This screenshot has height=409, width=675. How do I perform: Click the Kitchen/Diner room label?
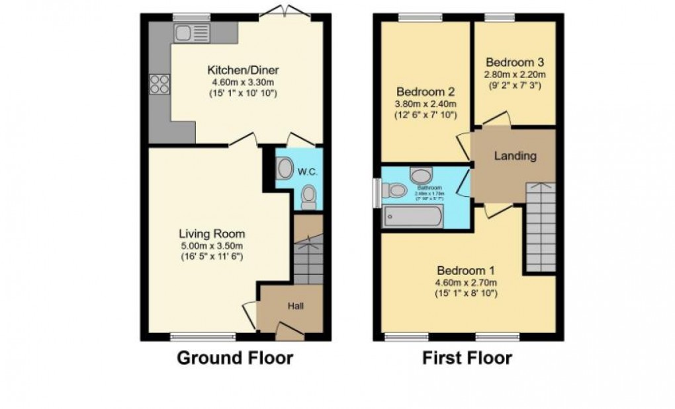(x=243, y=70)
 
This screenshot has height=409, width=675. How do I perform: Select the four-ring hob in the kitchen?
(x=159, y=83)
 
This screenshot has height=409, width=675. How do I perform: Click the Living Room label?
(x=212, y=234)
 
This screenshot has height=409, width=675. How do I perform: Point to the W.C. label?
(x=308, y=172)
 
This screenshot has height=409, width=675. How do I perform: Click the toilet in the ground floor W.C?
(x=308, y=196)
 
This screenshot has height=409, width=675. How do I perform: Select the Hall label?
(x=295, y=306)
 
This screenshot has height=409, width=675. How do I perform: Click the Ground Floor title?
(x=234, y=358)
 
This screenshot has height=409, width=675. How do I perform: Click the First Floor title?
(x=467, y=358)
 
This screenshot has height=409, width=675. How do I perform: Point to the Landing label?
(x=516, y=157)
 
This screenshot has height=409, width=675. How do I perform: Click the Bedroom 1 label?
(x=465, y=271)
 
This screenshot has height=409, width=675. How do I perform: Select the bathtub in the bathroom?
(x=412, y=217)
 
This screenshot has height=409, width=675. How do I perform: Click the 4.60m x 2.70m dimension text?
(x=466, y=283)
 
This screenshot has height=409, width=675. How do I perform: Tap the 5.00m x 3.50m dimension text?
(x=212, y=246)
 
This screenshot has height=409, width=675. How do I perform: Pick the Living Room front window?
(x=202, y=336)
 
